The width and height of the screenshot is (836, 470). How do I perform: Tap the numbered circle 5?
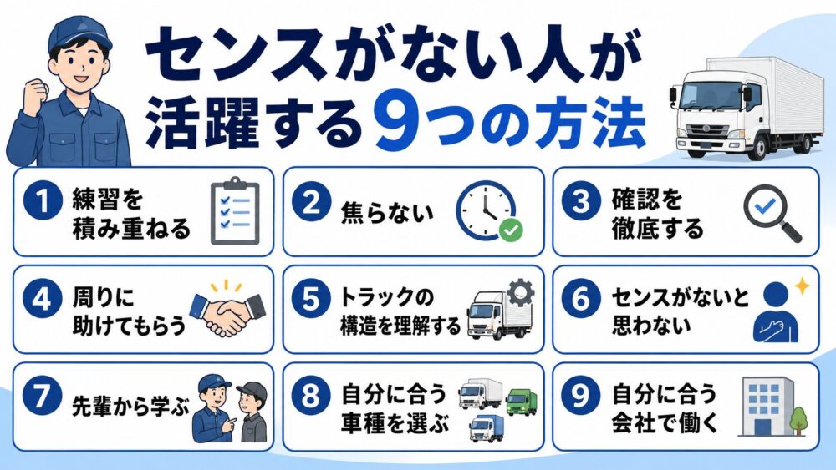click(x=311, y=299)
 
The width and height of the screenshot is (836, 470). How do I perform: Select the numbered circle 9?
click(x=581, y=396)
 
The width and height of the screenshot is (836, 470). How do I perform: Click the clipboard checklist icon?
click(x=235, y=211)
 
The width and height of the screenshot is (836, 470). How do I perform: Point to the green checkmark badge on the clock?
click(x=511, y=230)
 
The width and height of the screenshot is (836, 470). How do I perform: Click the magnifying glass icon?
click(x=772, y=213)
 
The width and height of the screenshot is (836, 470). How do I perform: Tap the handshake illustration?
click(x=227, y=311)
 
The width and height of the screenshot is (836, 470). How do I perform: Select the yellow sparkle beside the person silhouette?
click(x=802, y=286)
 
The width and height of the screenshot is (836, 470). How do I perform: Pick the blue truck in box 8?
click(x=487, y=428)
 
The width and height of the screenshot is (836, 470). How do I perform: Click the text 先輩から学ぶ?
click(x=130, y=407)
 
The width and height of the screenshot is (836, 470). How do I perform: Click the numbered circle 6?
click(x=581, y=299)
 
